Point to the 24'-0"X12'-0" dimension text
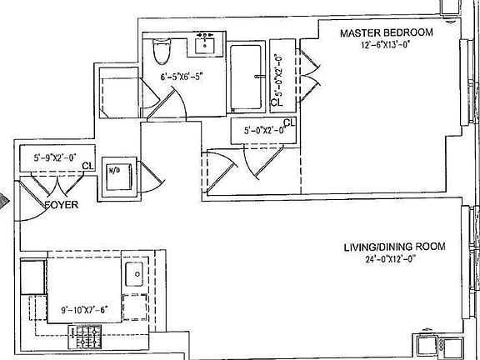(390, 259)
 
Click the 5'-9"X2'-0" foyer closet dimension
(55, 157)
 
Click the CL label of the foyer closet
(87, 166)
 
